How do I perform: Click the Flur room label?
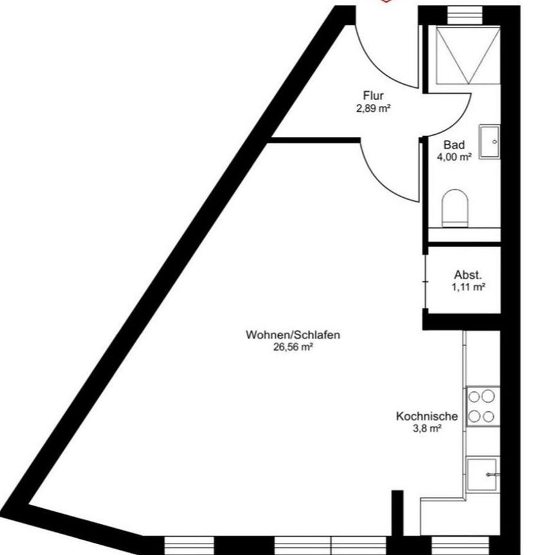point(373,97)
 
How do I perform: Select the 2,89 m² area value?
point(373,109)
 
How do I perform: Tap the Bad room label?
point(454,145)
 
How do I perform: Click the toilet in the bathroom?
point(455,207)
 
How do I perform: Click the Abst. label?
point(467,276)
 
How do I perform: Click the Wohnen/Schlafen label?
point(292,335)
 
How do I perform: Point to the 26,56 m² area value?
point(292,347)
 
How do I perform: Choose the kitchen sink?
point(482,474)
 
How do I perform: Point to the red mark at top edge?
point(386,2)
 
